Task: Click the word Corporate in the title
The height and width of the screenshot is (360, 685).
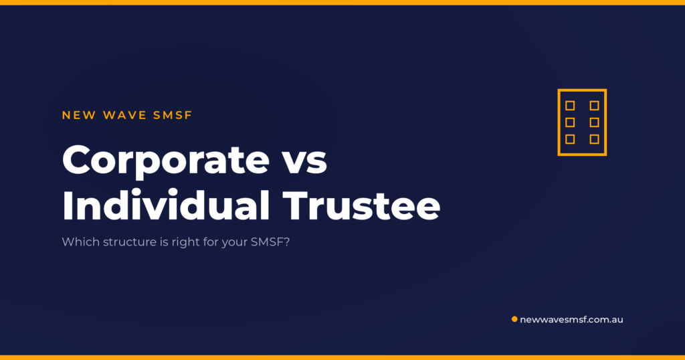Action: click(x=166, y=161)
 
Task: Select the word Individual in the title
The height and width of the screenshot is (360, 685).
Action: click(x=166, y=205)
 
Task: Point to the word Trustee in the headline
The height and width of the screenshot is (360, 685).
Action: click(x=361, y=205)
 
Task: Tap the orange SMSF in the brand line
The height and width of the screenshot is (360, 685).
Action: click(x=173, y=115)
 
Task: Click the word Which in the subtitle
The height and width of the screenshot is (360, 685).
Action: click(x=81, y=242)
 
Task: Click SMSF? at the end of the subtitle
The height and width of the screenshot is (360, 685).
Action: click(x=270, y=242)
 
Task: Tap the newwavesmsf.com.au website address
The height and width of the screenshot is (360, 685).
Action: click(x=571, y=319)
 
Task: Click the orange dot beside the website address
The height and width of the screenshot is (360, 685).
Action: click(x=514, y=319)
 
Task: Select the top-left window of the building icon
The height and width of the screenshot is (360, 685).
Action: click(x=570, y=106)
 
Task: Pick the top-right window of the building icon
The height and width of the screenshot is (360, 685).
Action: click(x=594, y=106)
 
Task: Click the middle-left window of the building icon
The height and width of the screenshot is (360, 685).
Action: click(x=570, y=122)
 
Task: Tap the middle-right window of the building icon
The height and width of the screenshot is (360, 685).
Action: click(x=594, y=122)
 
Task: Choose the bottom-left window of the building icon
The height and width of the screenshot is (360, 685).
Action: click(x=570, y=139)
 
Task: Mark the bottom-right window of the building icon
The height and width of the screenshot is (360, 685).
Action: click(x=594, y=139)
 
